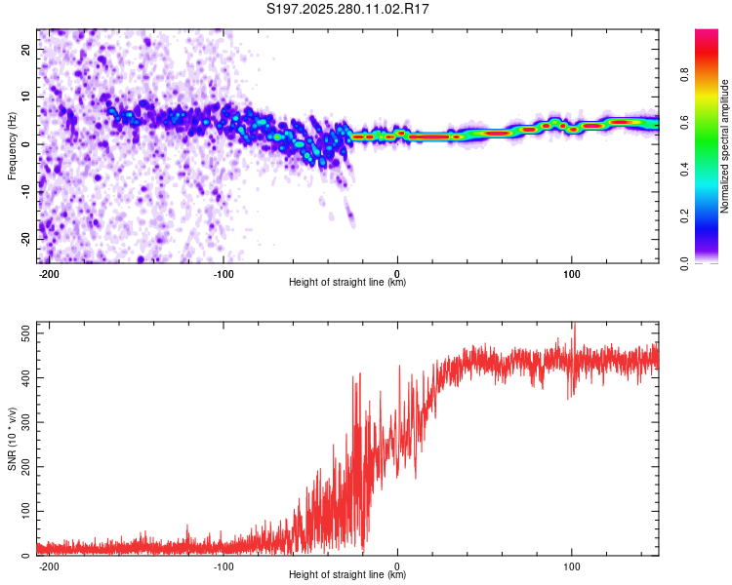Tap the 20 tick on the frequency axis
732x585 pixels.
coord(26,49)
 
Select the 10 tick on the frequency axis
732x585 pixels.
coord(26,97)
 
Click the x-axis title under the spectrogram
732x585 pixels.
coord(347,283)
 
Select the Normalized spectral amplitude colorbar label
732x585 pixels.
coord(725,146)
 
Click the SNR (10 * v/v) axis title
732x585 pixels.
coord(12,439)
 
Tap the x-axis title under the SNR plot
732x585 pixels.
coord(347,575)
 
